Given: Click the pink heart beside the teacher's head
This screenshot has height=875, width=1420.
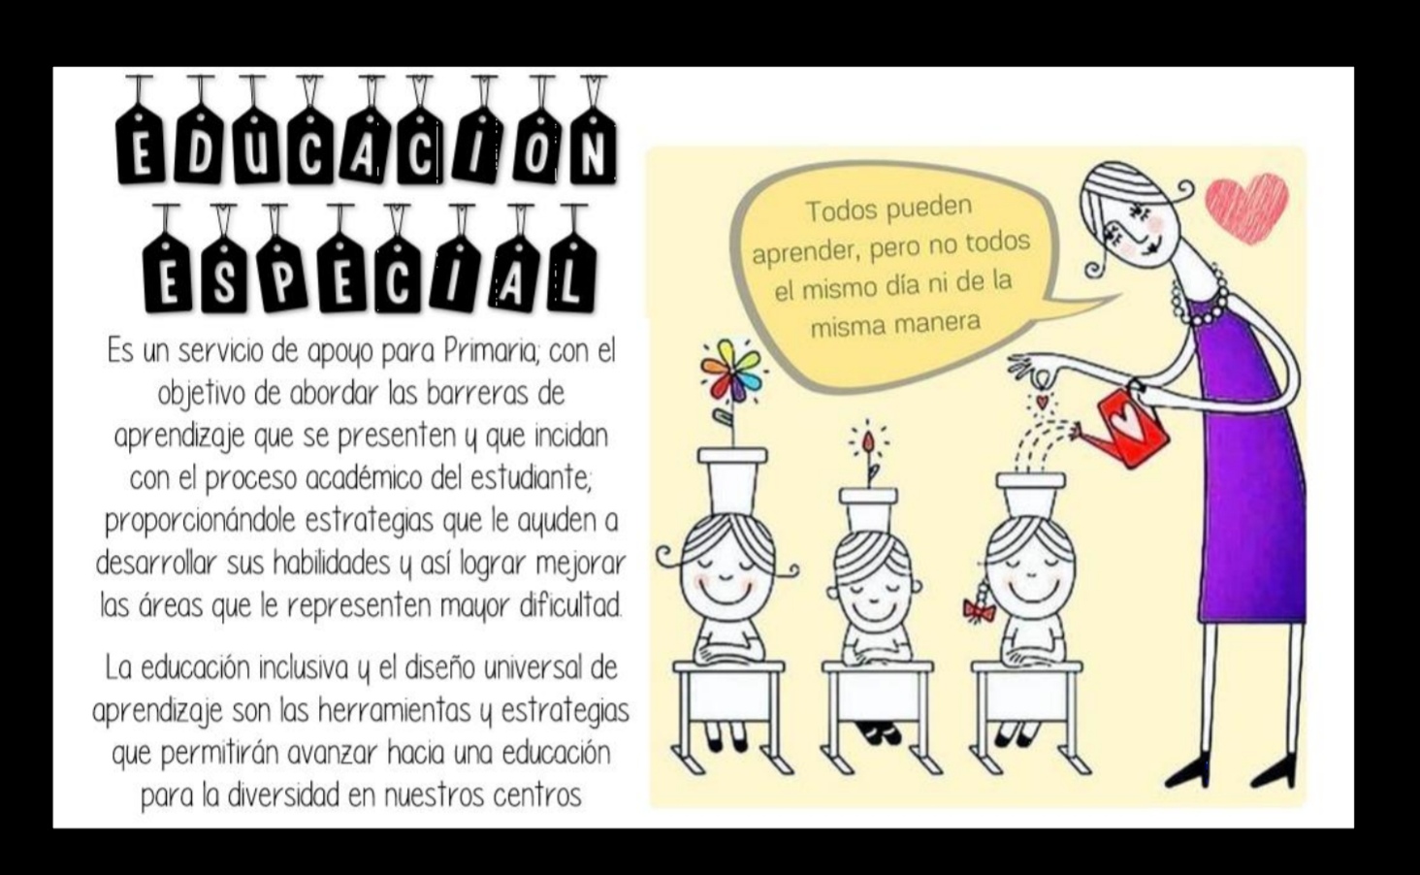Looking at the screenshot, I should (1247, 206).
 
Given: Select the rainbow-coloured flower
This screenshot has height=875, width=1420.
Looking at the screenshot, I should (732, 372).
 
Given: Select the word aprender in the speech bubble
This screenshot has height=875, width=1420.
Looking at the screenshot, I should (805, 253).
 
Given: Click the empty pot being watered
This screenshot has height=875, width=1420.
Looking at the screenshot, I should (1030, 493).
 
